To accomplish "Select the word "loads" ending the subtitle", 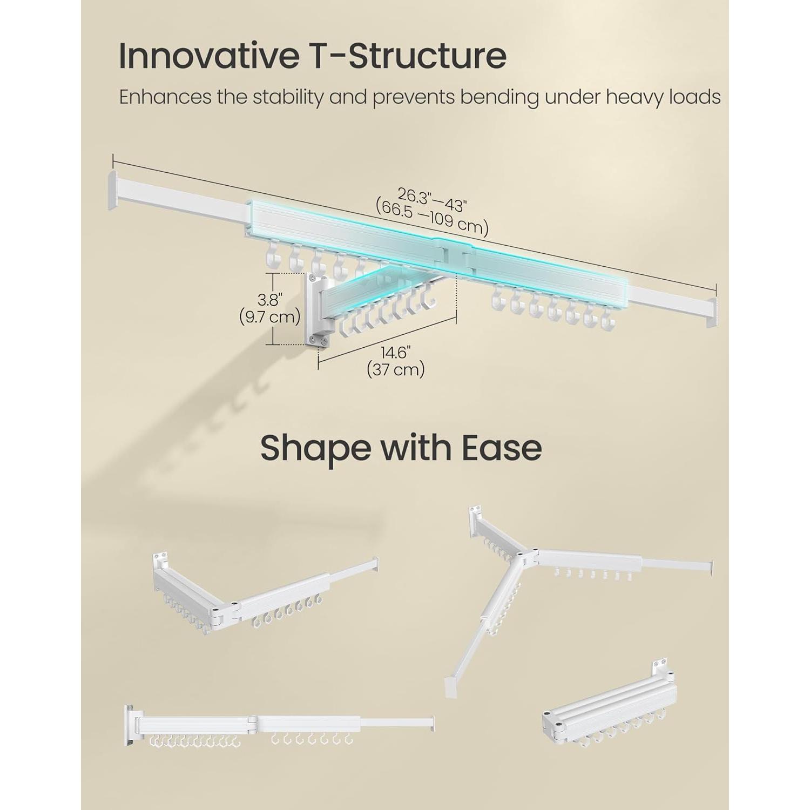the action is click(x=696, y=97).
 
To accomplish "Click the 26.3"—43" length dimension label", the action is click(x=432, y=200).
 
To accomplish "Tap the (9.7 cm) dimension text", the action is click(x=270, y=316).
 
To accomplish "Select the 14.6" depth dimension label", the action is click(x=396, y=353).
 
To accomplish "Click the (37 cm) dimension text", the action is click(x=396, y=370).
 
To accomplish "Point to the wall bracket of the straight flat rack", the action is click(x=130, y=725).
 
